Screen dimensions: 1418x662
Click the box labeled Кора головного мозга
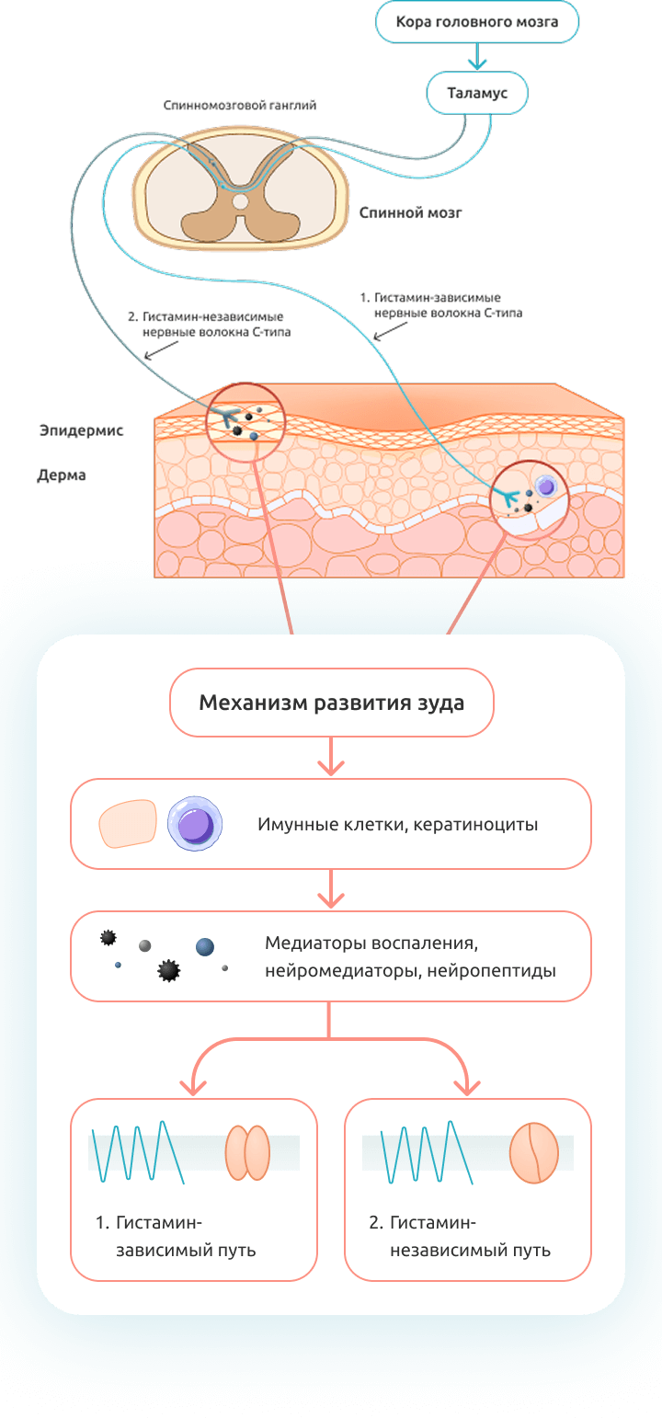(477, 21)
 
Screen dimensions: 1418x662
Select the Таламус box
(477, 93)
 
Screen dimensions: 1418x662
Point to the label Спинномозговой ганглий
(239, 106)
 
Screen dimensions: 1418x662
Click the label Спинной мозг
(410, 212)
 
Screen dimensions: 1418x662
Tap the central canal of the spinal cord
(240, 200)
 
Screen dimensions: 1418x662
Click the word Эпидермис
(81, 429)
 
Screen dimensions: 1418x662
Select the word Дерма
(62, 476)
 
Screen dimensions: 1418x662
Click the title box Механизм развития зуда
(331, 703)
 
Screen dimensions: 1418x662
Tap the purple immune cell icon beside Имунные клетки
(196, 823)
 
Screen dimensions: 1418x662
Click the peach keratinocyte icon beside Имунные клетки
(128, 823)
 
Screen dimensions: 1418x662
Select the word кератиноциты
(476, 824)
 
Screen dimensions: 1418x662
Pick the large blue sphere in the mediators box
(205, 946)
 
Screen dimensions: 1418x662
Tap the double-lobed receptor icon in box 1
(247, 1153)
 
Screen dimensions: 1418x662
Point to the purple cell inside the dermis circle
(547, 486)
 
